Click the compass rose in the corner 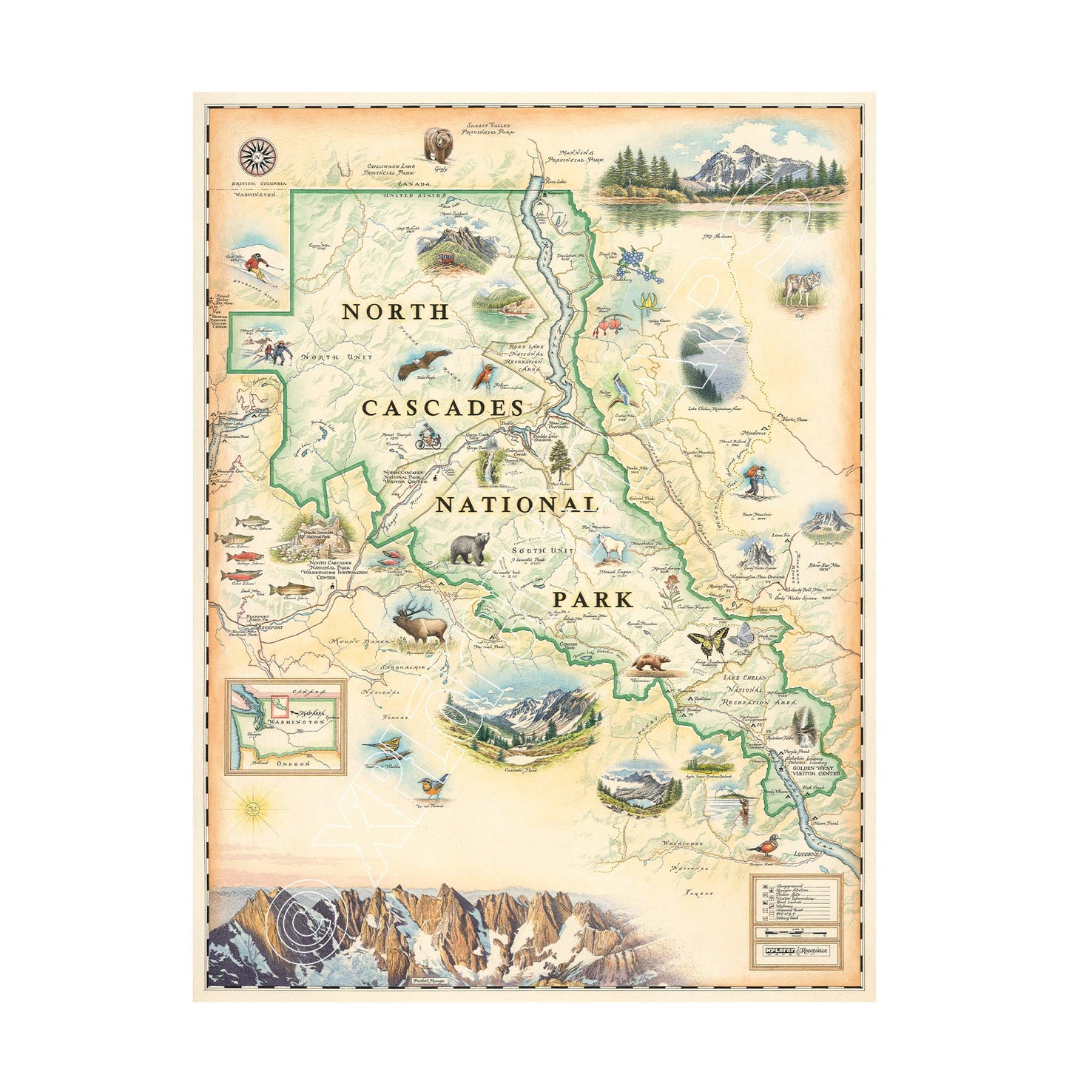coord(257,156)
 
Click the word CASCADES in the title coord(443,408)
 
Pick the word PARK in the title coord(593,599)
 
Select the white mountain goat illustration coord(613,549)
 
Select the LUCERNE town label coord(807,854)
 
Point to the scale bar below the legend coord(796,932)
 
